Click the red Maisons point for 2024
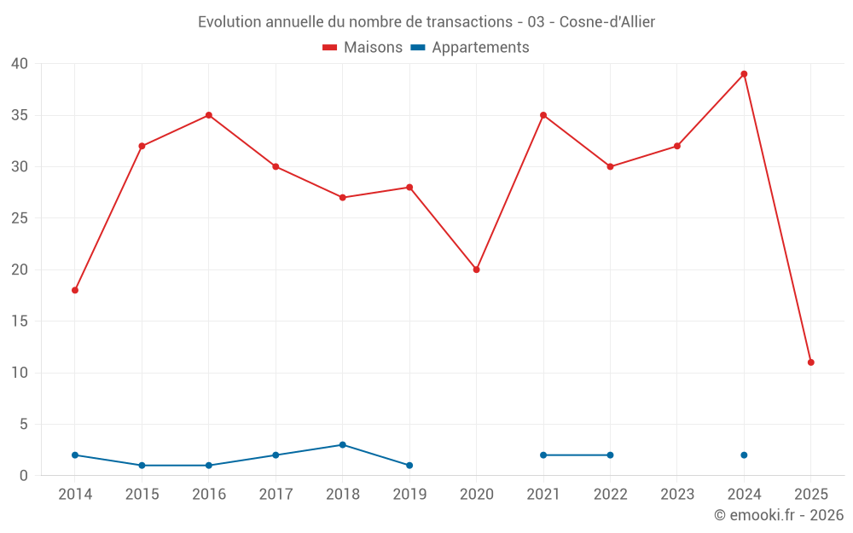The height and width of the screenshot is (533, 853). pyautogui.click(x=744, y=74)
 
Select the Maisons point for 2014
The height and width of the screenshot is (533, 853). pyautogui.click(x=75, y=290)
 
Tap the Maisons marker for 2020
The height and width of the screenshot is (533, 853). pyautogui.click(x=477, y=269)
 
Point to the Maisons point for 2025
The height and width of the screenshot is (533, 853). pyautogui.click(x=811, y=362)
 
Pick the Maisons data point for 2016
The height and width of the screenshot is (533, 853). pyautogui.click(x=209, y=115)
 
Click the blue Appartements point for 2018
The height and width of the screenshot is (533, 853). pyautogui.click(x=343, y=444)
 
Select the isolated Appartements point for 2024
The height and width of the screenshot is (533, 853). pyautogui.click(x=744, y=455)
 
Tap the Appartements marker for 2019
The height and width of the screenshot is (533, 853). pyautogui.click(x=409, y=466)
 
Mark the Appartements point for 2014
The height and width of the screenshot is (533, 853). pyautogui.click(x=75, y=455)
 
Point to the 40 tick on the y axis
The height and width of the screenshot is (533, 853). pyautogui.click(x=20, y=64)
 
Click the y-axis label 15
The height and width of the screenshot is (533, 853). pyautogui.click(x=20, y=322)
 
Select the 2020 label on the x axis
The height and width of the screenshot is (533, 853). pyautogui.click(x=477, y=495)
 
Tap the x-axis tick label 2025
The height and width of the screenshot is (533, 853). pyautogui.click(x=811, y=495)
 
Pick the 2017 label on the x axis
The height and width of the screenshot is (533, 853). pyautogui.click(x=276, y=495)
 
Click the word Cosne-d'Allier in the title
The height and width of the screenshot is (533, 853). pyautogui.click(x=607, y=22)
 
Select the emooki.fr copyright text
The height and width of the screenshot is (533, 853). pyautogui.click(x=779, y=515)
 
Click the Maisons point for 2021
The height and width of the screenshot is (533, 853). pyautogui.click(x=543, y=115)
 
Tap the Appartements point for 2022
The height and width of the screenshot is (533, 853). pyautogui.click(x=610, y=455)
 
